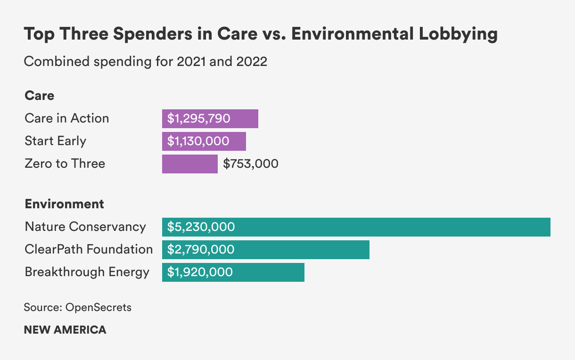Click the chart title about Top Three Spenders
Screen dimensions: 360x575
(x=260, y=35)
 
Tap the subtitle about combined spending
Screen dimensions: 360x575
(x=145, y=62)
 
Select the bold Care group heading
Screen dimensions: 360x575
(x=39, y=96)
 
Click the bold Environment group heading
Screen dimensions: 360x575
(x=64, y=204)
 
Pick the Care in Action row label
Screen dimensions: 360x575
(x=66, y=118)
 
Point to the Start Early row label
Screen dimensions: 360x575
(x=55, y=141)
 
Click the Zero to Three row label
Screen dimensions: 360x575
(x=65, y=164)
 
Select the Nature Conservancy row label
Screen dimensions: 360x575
(x=85, y=227)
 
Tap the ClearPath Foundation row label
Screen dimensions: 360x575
(x=89, y=249)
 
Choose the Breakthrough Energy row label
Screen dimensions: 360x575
(x=87, y=272)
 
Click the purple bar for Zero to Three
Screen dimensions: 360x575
(x=189, y=164)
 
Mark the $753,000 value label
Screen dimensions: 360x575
(x=251, y=164)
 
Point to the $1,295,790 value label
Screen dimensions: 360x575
(x=198, y=119)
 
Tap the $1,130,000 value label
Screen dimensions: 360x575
(x=198, y=141)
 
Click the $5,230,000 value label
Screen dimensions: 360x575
(x=201, y=227)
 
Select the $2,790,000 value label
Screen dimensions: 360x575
(x=200, y=250)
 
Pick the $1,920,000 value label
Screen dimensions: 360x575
(x=200, y=272)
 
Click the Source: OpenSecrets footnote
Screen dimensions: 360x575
(x=77, y=308)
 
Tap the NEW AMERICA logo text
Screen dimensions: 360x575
(x=65, y=330)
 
